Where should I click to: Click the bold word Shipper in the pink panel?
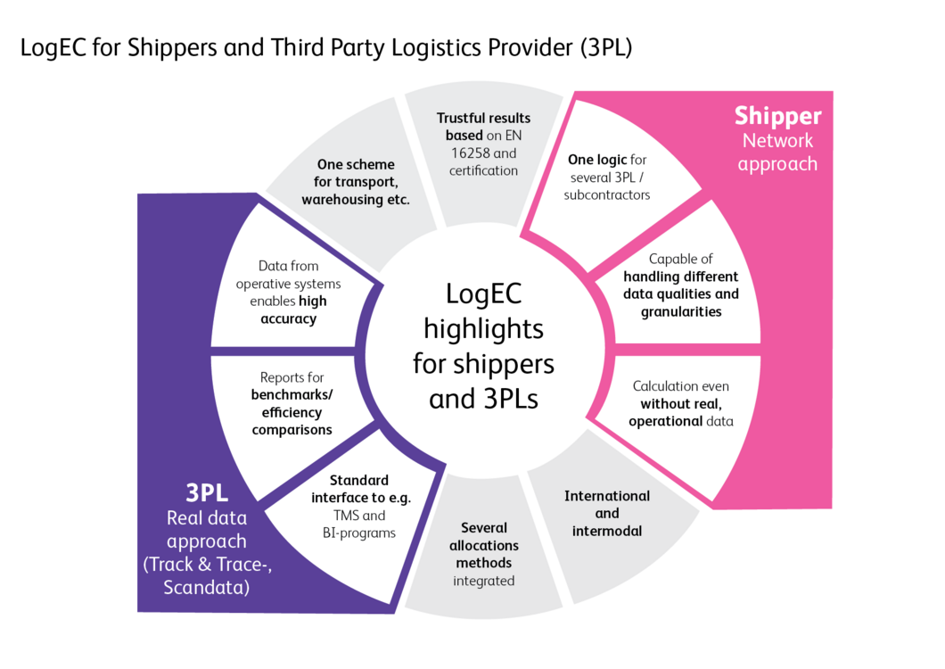[777, 116]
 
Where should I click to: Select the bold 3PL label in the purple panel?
[207, 493]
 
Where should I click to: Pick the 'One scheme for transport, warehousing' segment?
[356, 182]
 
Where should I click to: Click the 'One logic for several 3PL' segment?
[607, 177]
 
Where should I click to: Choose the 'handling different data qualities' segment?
[681, 285]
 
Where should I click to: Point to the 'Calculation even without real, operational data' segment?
[681, 403]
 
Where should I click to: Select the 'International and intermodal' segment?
[607, 513]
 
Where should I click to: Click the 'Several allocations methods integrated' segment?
[484, 554]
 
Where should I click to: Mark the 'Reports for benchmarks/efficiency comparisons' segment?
[292, 403]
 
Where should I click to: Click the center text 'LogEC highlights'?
[484, 347]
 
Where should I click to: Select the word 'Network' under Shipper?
[777, 140]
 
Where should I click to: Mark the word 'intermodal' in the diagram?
[607, 531]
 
